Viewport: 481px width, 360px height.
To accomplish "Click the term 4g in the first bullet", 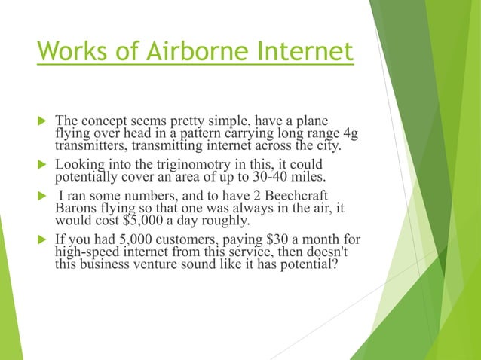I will [351, 133].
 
